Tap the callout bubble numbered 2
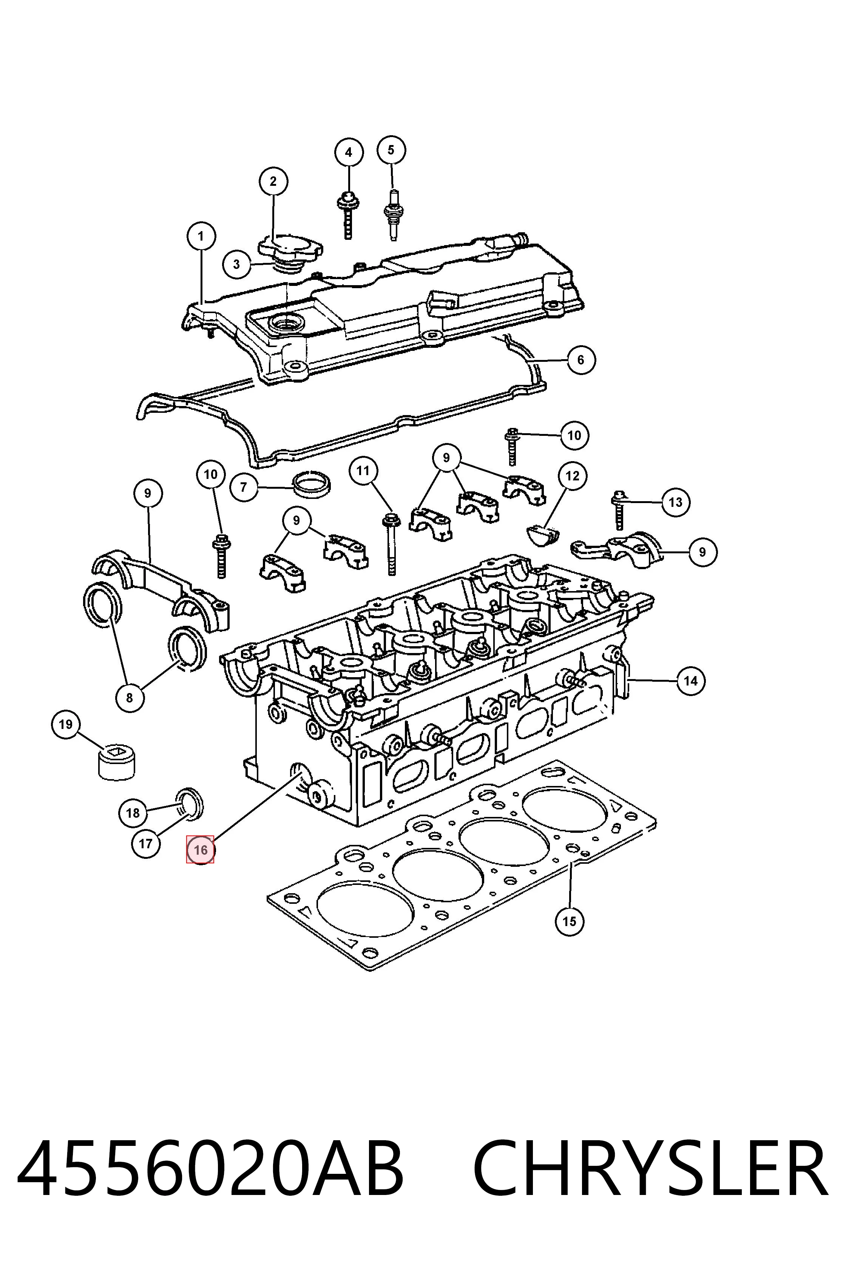click(x=273, y=181)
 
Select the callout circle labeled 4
click(x=349, y=152)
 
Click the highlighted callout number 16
click(x=200, y=850)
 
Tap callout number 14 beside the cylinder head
click(x=691, y=681)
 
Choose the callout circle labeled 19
click(x=66, y=724)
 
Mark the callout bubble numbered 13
click(x=676, y=502)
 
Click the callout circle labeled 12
click(x=573, y=476)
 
